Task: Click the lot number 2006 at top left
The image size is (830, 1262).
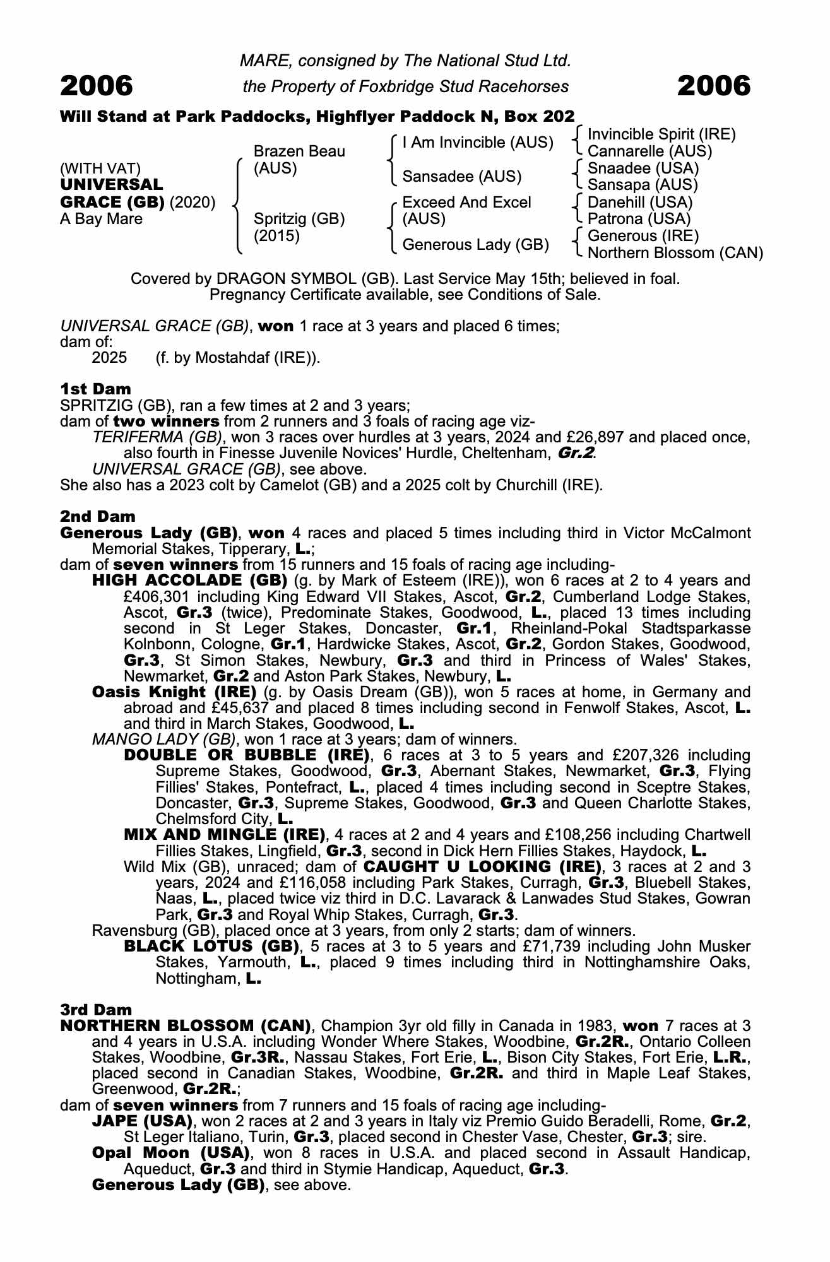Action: (x=97, y=86)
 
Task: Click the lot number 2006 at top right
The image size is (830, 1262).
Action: (x=714, y=86)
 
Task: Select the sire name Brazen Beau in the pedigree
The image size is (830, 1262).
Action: (x=299, y=151)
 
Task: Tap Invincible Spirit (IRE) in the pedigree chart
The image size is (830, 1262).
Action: (x=661, y=134)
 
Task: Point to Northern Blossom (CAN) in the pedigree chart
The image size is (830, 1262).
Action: (x=675, y=253)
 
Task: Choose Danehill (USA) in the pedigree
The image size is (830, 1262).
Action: (x=639, y=203)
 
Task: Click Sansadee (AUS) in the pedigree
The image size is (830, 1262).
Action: (x=461, y=177)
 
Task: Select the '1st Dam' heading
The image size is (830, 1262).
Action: (x=95, y=389)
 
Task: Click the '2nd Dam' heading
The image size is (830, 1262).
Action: (x=97, y=517)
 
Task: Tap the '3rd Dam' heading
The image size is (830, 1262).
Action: (x=96, y=1010)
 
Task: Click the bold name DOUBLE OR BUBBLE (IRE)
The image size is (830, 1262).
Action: (x=246, y=755)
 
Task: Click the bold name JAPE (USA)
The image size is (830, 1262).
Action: (x=142, y=1121)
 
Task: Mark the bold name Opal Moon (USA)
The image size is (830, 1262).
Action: (x=168, y=1153)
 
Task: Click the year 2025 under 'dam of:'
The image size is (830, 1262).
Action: (x=109, y=358)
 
